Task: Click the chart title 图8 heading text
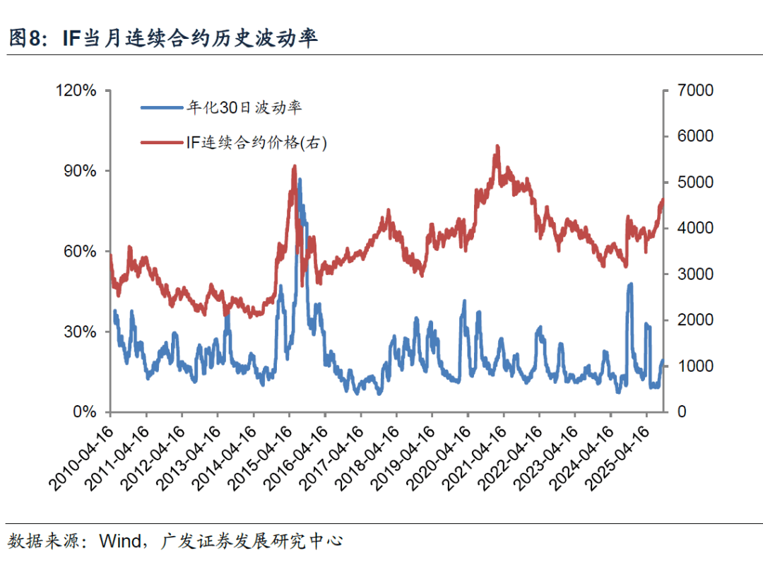(162, 37)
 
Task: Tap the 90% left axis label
(81, 171)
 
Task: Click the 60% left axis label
(81, 252)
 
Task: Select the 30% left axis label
(81, 332)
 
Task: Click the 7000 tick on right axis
(694, 91)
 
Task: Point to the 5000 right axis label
(694, 182)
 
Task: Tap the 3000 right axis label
(694, 274)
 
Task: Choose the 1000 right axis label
(694, 366)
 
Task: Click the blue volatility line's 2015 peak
(300, 180)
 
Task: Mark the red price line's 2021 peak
(497, 146)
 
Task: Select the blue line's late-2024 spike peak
(630, 284)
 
